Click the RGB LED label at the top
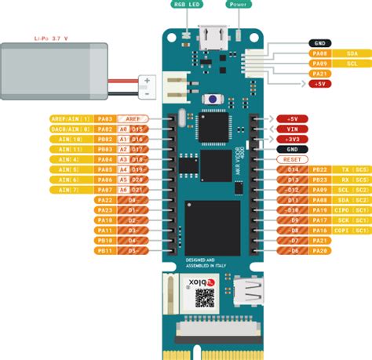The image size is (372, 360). (x=186, y=5)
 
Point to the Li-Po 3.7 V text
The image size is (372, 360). (x=52, y=38)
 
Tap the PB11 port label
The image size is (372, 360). (x=106, y=251)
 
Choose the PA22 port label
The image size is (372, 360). (x=106, y=200)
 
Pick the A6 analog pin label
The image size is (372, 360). (x=122, y=180)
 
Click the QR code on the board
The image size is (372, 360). (x=204, y=296)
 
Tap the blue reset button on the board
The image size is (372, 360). (x=210, y=99)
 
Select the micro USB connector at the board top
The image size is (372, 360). (x=210, y=36)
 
